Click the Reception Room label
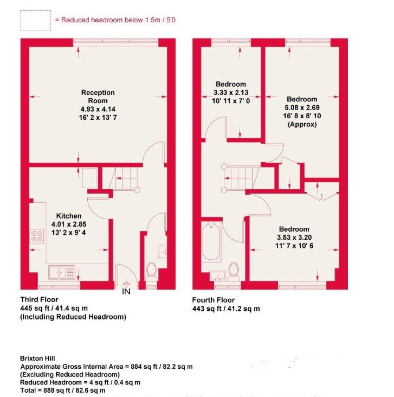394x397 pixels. pos(98,97)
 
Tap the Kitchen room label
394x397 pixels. pos(69,216)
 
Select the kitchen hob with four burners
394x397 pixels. pos(37,236)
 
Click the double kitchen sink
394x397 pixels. pos(62,272)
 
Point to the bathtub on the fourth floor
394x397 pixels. pos(211,241)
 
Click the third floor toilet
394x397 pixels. pos(151,272)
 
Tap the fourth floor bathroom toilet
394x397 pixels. pos(234,271)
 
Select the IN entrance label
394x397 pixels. pos(126,292)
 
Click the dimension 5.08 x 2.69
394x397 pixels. pos(302,107)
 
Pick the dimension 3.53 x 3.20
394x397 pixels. pos(294,238)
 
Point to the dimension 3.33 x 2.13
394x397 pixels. pos(231,92)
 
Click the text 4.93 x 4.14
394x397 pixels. pos(98,109)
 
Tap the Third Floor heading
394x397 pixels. pos(39,299)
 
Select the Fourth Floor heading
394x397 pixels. pos(214,300)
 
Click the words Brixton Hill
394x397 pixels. pos(37,358)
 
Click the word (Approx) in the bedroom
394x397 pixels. pos(302,125)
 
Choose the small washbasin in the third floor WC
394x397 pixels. pos(162,252)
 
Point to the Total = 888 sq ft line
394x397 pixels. pos(63,390)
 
